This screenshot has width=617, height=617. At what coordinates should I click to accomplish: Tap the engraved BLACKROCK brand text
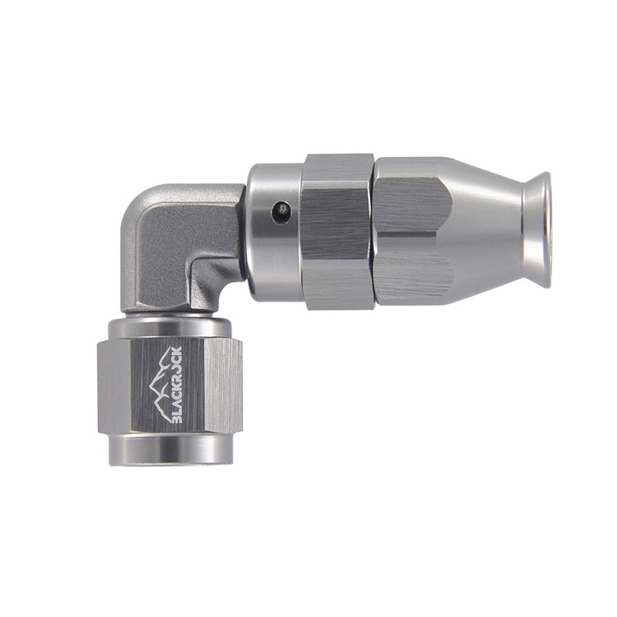(177, 384)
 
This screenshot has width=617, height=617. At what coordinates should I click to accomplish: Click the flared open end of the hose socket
(536, 229)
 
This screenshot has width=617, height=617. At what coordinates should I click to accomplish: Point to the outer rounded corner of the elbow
(136, 201)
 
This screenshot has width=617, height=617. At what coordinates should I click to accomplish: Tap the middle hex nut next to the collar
(337, 231)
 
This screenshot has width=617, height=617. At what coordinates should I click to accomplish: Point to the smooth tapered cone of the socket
(488, 230)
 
